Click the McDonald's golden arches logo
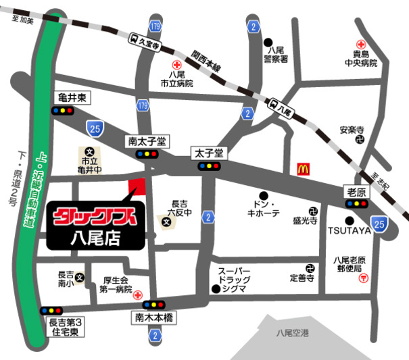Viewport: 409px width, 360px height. (304, 169)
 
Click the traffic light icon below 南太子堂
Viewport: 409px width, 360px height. (148, 154)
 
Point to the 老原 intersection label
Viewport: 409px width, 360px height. (356, 192)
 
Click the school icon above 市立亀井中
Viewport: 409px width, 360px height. (89, 152)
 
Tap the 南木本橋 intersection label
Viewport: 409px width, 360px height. (154, 316)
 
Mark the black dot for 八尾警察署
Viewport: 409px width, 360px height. (269, 41)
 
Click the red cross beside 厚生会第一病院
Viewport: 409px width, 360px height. (139, 295)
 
